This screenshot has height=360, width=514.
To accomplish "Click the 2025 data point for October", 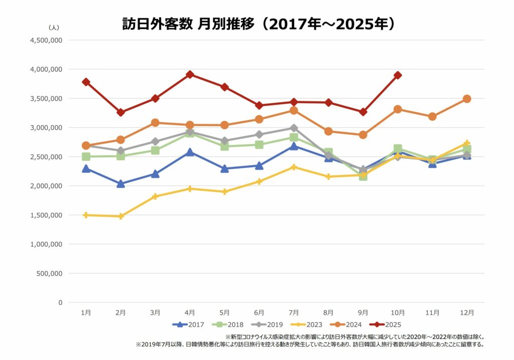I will (x=398, y=75).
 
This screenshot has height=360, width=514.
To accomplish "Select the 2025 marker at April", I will (x=190, y=74).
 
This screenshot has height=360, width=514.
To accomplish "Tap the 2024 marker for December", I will (x=467, y=99).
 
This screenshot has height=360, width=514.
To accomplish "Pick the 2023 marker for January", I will (x=86, y=215).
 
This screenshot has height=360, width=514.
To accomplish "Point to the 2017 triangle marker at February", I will (x=120, y=184).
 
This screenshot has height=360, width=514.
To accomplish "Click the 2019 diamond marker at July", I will (x=294, y=128).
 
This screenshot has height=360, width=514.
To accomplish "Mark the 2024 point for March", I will (x=155, y=123).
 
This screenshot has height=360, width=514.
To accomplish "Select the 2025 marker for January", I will (x=86, y=82).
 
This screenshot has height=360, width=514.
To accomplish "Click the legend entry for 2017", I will (x=188, y=325).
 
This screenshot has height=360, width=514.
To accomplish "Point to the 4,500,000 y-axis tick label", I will (x=46, y=40).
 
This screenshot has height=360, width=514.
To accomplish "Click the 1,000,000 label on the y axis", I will (x=46, y=245).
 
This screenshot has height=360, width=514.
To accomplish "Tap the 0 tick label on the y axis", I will (x=60, y=303).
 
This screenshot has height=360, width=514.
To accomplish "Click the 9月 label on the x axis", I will (x=363, y=312).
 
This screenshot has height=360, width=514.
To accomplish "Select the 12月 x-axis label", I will (x=467, y=312).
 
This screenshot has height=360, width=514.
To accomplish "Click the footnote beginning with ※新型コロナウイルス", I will (x=355, y=336).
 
